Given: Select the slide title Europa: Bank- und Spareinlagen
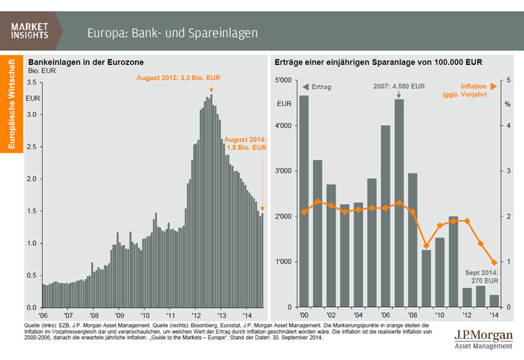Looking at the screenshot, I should (172, 32).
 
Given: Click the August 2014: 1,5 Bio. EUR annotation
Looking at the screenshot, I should (246, 143).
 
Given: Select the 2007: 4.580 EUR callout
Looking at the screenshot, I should (399, 86).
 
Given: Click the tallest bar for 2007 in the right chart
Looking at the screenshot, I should (399, 203).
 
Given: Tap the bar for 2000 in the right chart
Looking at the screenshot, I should (303, 201).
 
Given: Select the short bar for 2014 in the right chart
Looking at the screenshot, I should (494, 301).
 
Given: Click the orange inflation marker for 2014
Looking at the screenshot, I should (494, 262).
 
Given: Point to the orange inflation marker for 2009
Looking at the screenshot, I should (426, 246).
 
